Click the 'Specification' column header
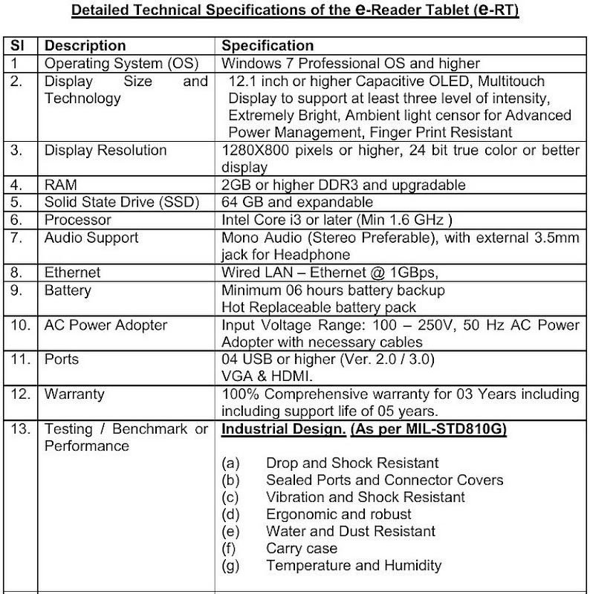point(268,46)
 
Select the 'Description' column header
point(85,46)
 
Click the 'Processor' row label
point(77,220)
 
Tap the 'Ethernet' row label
point(73,272)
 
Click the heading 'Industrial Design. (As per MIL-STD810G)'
point(364,430)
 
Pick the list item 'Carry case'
point(301,549)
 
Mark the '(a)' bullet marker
point(230,463)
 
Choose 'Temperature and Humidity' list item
point(353,566)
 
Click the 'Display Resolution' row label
point(106,150)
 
